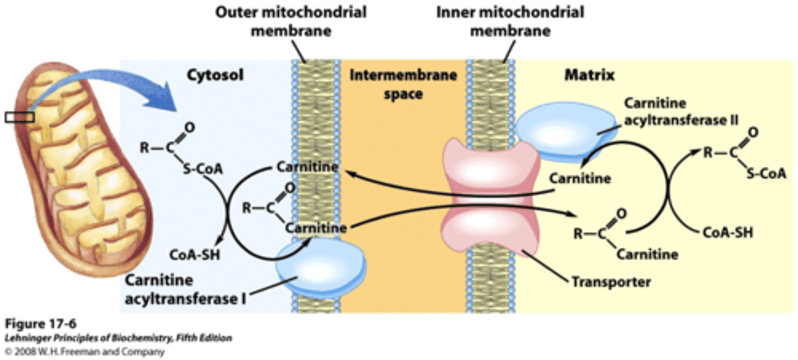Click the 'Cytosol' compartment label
coord(214,75)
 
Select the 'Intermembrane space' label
coord(403,84)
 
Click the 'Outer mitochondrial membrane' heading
coord(291,20)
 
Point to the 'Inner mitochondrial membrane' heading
coord(510,20)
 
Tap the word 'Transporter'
coord(611,282)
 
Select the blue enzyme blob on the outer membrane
coord(321,266)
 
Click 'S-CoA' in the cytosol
coord(202,169)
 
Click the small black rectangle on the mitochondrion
coord(20,117)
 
